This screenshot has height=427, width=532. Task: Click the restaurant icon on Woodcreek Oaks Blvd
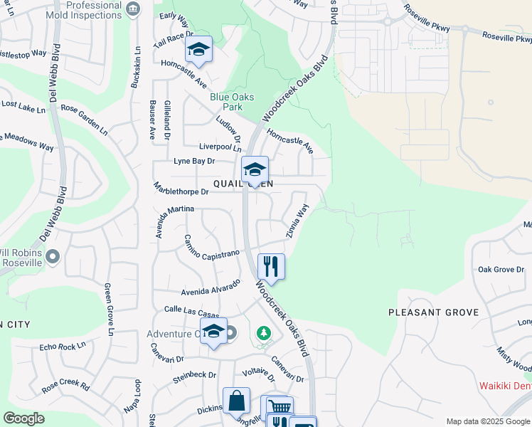(271, 267)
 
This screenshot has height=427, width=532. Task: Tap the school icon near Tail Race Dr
(199, 49)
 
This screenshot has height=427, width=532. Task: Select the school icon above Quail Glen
(255, 169)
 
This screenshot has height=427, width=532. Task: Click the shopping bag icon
(236, 401)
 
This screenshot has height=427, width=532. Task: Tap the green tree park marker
(263, 332)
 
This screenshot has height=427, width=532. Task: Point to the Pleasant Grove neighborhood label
(433, 312)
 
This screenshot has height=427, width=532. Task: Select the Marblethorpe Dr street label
(181, 191)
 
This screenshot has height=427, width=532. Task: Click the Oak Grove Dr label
(501, 270)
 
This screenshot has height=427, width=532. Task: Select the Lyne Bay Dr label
(194, 161)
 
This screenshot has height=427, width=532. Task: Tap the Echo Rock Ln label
(63, 347)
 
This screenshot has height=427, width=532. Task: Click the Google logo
(23, 418)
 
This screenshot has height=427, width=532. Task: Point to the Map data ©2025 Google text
(487, 421)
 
